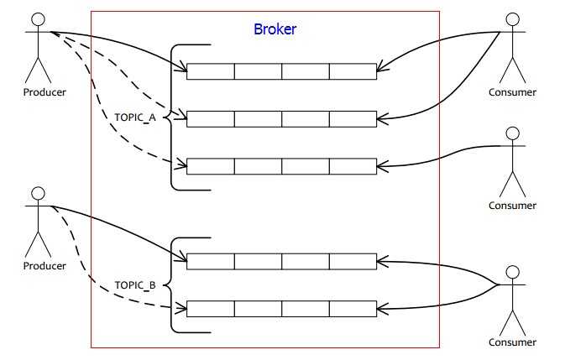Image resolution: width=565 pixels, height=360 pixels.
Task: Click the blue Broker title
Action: [x=275, y=29]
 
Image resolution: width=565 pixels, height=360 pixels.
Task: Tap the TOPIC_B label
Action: [x=135, y=285]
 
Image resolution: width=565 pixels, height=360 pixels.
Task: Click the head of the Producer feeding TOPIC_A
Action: [x=37, y=18]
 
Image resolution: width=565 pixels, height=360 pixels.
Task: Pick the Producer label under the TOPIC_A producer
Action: [x=45, y=92]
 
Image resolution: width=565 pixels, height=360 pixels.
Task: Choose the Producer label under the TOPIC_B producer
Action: [x=45, y=266]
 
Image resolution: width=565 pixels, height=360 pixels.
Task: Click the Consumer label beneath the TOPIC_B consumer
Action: [x=512, y=342]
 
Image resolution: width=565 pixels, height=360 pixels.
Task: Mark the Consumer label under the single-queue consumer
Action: [x=512, y=206]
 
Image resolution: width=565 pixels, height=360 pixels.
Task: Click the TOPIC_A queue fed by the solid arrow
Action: [x=281, y=71]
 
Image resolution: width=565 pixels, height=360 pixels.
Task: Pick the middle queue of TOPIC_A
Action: [x=281, y=118]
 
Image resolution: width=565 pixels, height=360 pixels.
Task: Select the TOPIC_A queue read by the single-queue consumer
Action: [x=281, y=166]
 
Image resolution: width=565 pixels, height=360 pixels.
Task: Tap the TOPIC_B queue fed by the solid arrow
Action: [x=281, y=262]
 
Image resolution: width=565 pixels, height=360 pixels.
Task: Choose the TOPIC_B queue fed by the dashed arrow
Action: [x=281, y=309]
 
